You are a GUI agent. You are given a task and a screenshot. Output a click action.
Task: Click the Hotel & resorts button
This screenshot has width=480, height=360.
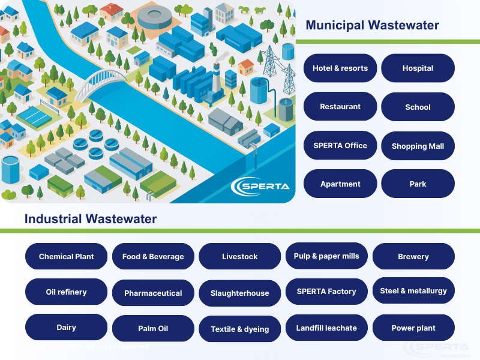[x=340, y=68]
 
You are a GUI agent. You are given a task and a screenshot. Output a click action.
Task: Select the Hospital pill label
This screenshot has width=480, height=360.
[x=418, y=68]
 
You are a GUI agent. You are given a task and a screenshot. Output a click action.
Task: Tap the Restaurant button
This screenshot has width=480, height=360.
[x=340, y=107]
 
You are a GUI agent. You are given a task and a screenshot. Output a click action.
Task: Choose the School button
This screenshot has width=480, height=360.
[x=418, y=107]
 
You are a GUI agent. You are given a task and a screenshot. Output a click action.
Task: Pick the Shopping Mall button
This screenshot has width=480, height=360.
[x=418, y=146]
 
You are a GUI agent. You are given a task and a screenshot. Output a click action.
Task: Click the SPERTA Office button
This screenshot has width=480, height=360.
[x=340, y=145]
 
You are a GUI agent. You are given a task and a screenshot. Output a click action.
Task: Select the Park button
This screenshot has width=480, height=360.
[x=418, y=184]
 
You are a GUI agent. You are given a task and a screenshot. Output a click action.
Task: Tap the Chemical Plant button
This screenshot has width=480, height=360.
[x=67, y=257]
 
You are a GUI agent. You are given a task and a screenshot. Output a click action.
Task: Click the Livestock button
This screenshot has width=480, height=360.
[x=239, y=257]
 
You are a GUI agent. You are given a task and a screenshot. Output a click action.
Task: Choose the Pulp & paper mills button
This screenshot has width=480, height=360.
[x=326, y=256]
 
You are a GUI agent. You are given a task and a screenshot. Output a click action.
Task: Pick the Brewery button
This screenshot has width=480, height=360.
[x=413, y=257]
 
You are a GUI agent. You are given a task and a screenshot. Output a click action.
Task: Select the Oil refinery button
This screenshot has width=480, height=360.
[x=67, y=292]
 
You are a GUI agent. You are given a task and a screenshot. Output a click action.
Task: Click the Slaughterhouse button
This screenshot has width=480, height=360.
[x=239, y=293]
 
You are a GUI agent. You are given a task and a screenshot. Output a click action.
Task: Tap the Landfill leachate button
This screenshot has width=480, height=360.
[x=326, y=328]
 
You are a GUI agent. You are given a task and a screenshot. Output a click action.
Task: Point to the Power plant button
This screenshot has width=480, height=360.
[x=413, y=328]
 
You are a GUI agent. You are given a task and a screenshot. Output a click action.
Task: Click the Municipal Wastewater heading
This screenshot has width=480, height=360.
[x=372, y=25]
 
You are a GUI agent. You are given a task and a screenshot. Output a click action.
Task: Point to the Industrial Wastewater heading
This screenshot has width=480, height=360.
[x=91, y=219]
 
